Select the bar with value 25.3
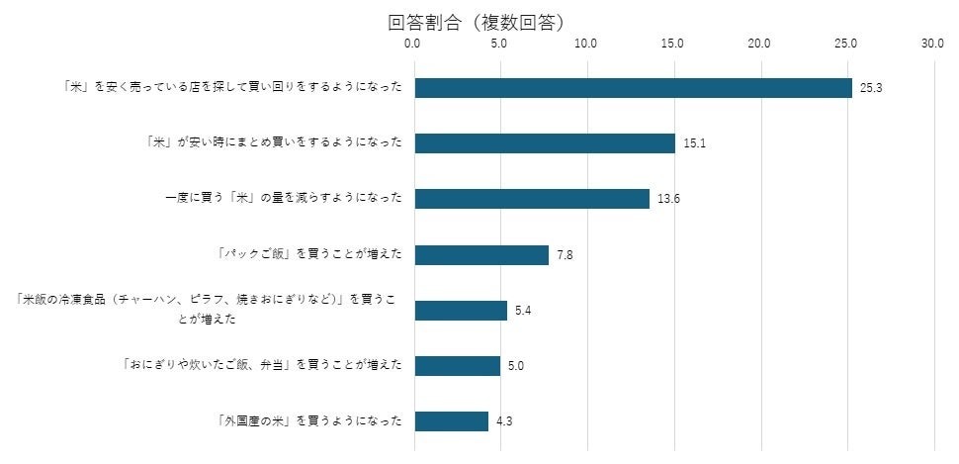point(633,88)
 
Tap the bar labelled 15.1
point(545,143)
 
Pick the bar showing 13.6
point(532,199)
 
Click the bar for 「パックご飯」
point(481,255)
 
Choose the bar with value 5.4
point(461,311)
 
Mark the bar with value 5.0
point(458,366)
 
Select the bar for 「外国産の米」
point(452,421)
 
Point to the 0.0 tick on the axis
point(413,45)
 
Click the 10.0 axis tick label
point(586,45)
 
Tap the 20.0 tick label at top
point(759,45)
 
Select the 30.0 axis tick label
point(932,45)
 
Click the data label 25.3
point(871,88)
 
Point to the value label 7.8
point(565,255)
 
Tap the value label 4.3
point(504,421)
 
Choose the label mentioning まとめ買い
point(273,142)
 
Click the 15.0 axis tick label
point(673,45)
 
